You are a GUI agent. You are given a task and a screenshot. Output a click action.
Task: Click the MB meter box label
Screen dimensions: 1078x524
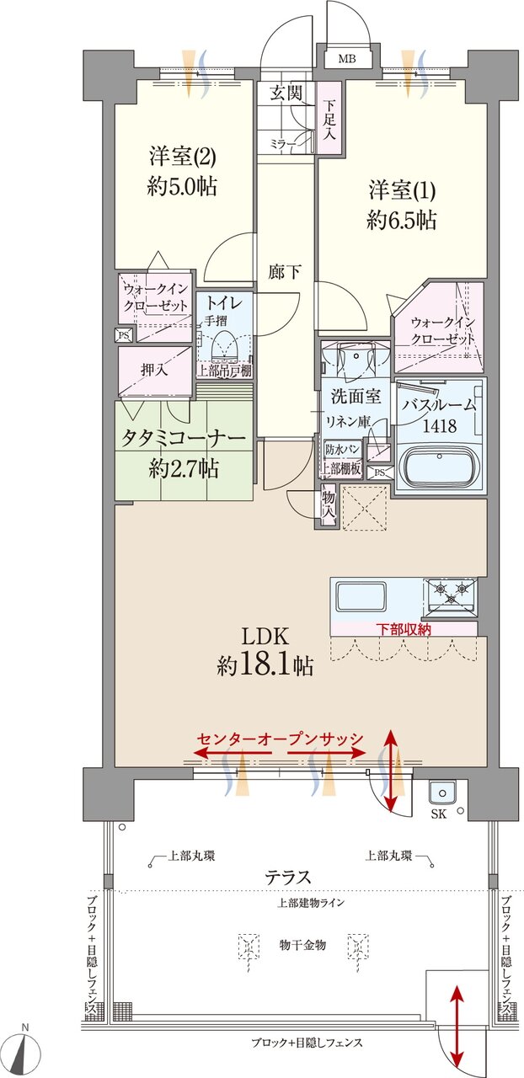click(x=347, y=59)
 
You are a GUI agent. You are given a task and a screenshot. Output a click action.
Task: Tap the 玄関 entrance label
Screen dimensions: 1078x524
click(x=286, y=93)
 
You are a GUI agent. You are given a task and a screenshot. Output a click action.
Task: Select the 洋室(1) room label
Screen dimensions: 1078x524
click(x=401, y=189)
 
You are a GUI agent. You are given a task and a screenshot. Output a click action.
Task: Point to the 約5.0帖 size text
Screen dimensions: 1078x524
click(x=182, y=187)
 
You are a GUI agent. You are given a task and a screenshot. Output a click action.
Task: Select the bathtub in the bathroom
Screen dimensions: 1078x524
click(x=438, y=466)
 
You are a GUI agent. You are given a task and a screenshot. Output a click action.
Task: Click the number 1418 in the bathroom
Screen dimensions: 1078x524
click(x=440, y=426)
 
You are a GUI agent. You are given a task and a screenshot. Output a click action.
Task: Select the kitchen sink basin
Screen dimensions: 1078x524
click(x=361, y=597)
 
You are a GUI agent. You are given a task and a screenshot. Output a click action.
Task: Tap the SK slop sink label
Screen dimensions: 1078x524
click(x=439, y=815)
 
